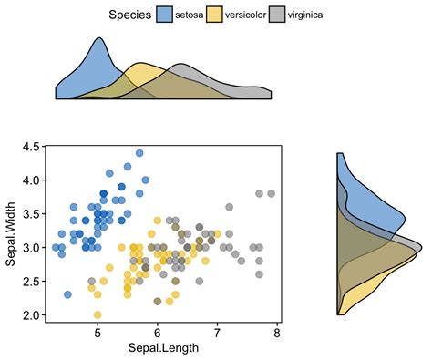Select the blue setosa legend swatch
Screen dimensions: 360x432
[x=165, y=15]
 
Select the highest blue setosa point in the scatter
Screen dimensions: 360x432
[x=139, y=153]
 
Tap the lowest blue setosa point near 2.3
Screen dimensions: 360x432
[x=67, y=294]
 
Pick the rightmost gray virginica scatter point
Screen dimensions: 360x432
[x=271, y=193]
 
